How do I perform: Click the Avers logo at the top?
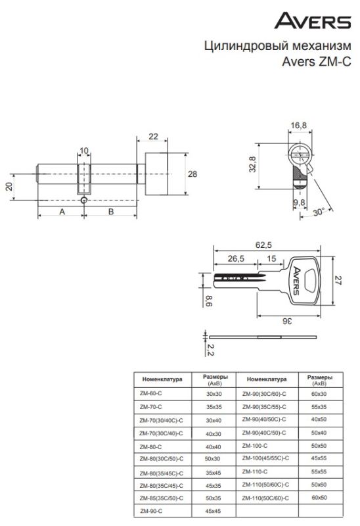(313, 20)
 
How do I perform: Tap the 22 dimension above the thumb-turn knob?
(153, 137)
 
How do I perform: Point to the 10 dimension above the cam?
(84, 151)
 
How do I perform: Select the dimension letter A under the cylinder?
(62, 212)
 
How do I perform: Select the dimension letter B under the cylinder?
(111, 212)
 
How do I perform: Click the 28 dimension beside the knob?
(192, 174)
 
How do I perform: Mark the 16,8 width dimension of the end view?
(298, 126)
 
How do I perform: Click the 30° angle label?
(319, 212)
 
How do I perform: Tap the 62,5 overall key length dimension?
(263, 245)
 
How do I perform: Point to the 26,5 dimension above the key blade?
(236, 258)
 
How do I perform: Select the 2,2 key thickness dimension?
(210, 350)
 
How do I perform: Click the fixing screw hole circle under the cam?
(83, 201)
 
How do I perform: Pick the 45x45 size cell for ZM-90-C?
(214, 512)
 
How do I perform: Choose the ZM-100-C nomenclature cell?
(255, 446)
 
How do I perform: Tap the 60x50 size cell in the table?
(319, 498)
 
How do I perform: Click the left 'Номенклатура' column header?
(162, 379)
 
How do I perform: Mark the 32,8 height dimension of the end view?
(252, 164)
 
